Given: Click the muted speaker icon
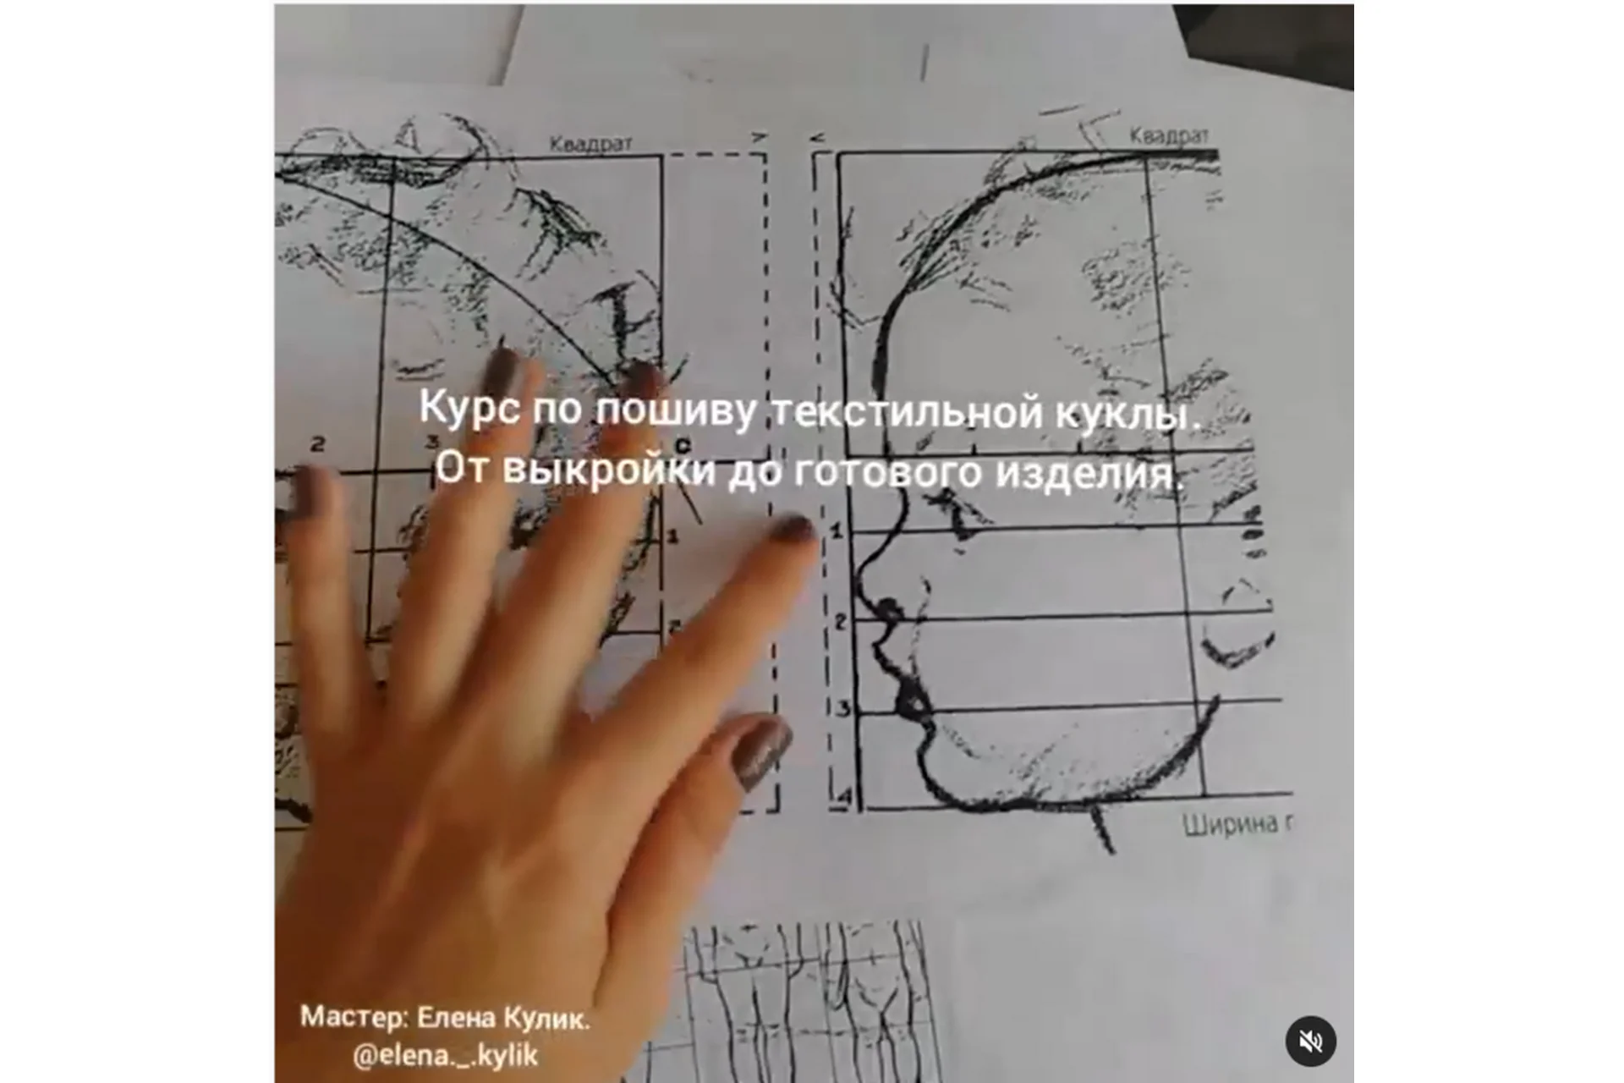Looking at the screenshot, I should pos(1310,1041).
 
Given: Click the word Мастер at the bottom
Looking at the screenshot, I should pos(354,1017).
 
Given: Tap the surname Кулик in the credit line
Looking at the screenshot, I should pos(546,1019).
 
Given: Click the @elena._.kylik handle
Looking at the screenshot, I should pos(445,1055).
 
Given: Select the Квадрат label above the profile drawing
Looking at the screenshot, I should pos(1169,135).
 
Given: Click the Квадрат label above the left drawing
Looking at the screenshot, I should pos(590,144).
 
